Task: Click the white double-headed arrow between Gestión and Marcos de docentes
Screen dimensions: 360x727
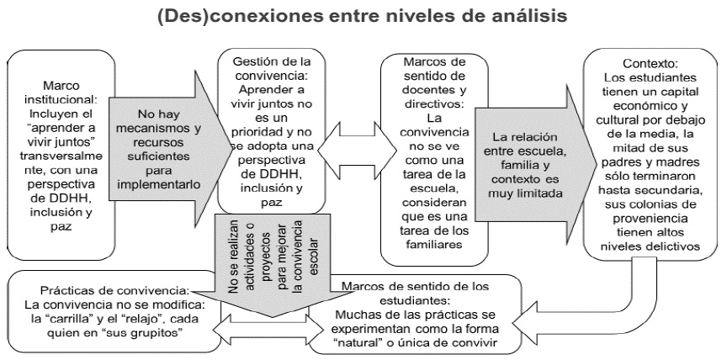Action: point(345,155)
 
